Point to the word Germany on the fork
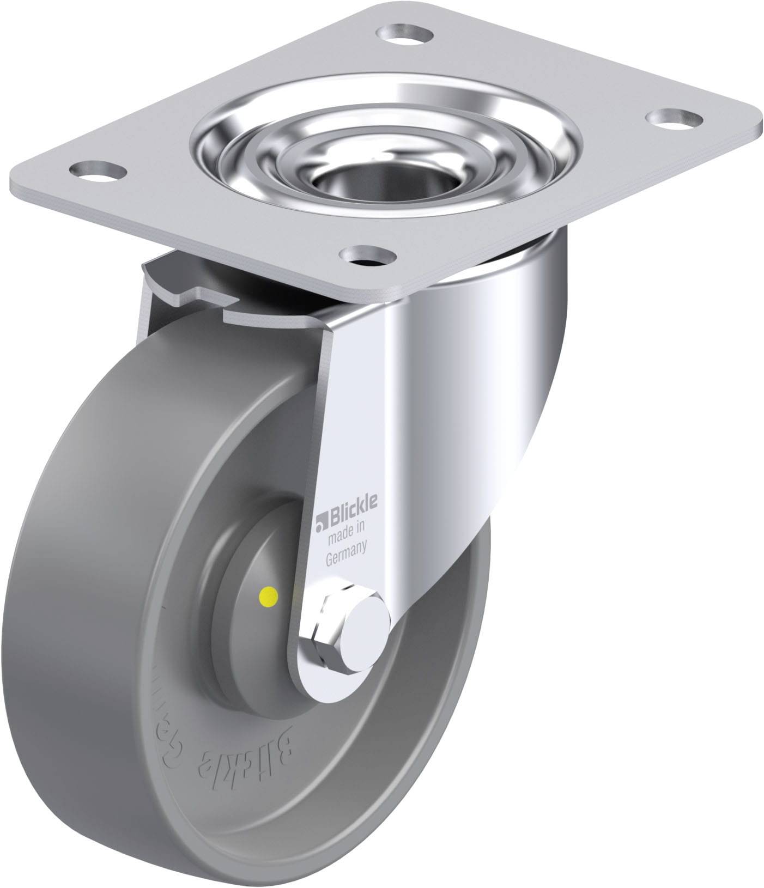pyautogui.click(x=345, y=557)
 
